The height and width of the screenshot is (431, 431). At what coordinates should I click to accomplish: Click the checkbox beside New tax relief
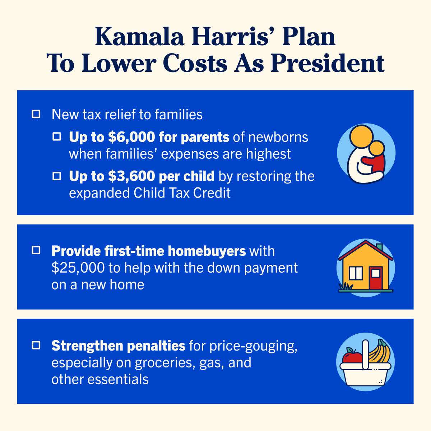click(x=36, y=115)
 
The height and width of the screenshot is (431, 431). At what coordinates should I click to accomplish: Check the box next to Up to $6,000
click(x=57, y=137)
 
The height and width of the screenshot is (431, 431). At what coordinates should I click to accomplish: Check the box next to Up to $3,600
click(x=57, y=176)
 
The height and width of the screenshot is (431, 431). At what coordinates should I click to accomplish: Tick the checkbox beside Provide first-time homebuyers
click(x=36, y=250)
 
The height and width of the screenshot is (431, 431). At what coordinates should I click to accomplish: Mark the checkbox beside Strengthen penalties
click(x=36, y=346)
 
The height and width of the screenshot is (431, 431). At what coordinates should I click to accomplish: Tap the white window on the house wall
click(x=355, y=273)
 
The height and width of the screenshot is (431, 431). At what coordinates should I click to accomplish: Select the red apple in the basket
click(x=351, y=357)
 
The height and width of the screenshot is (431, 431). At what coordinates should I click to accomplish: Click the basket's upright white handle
click(x=366, y=354)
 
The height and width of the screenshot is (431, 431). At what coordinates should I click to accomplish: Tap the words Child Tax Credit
click(x=182, y=193)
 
